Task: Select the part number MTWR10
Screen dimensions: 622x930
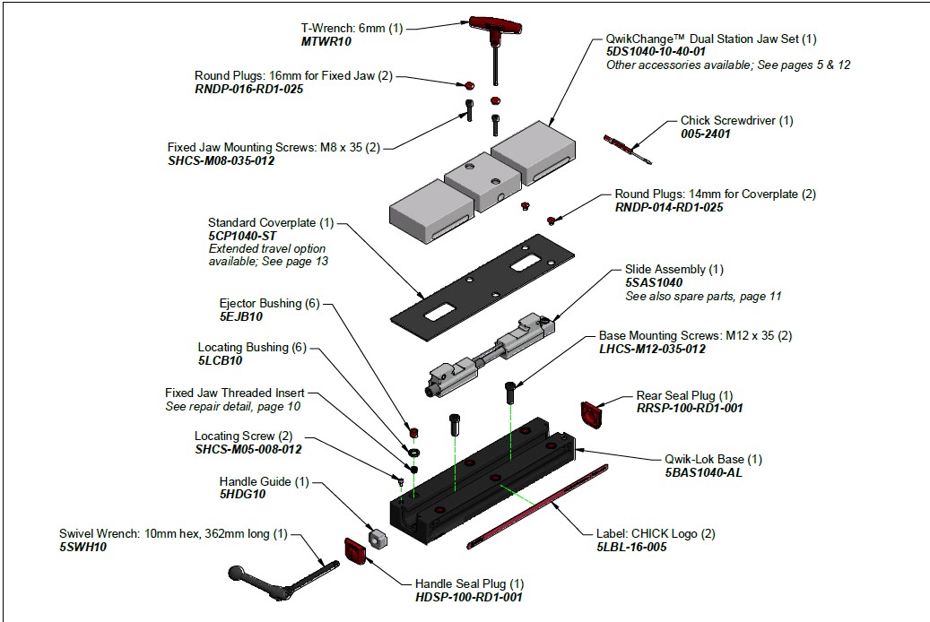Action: [326, 42]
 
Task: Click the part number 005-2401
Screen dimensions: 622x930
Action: [705, 134]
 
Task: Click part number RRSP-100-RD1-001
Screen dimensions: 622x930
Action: [690, 409]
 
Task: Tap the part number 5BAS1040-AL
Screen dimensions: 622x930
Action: [704, 472]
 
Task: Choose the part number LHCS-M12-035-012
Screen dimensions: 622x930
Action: [652, 349]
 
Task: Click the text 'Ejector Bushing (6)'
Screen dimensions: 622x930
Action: [269, 304]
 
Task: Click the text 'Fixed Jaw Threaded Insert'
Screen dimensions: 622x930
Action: [234, 393]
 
